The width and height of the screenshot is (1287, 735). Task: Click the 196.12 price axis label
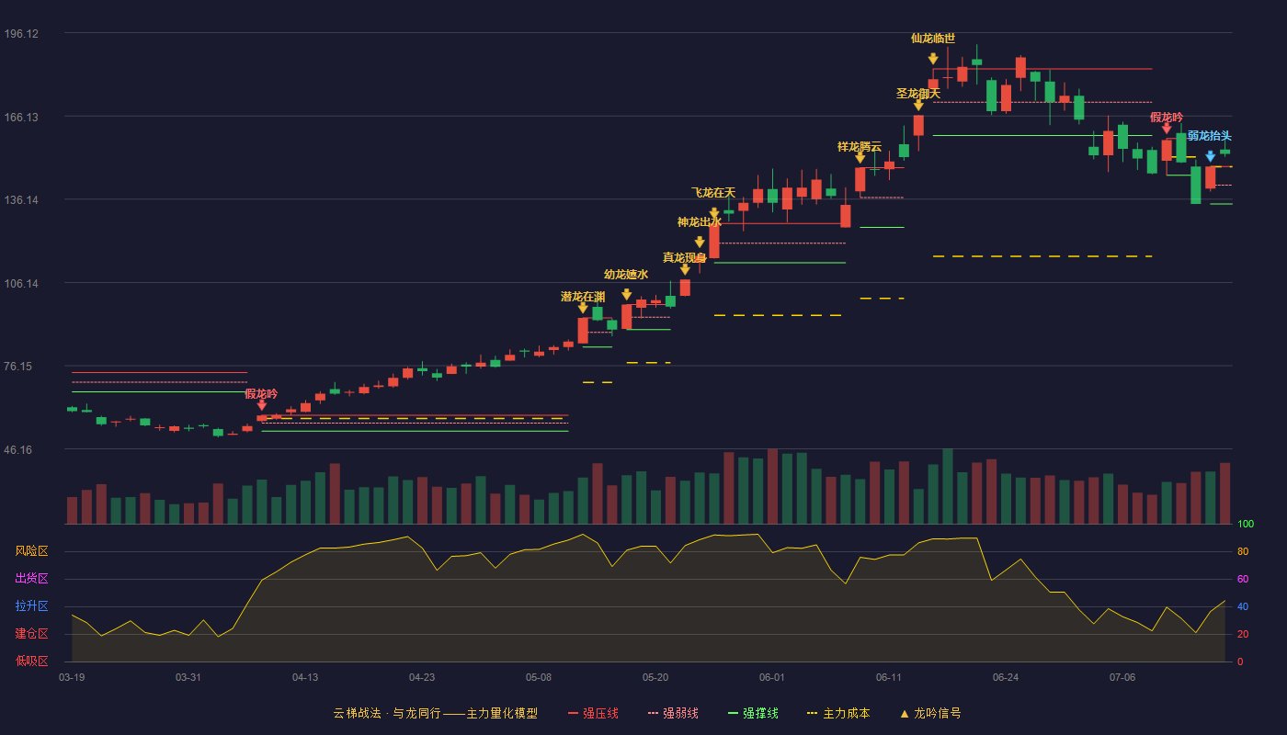pos(21,34)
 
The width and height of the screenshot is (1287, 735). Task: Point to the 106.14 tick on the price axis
pos(21,284)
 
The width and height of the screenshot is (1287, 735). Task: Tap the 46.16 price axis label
pos(18,449)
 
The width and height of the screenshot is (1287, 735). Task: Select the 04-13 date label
pos(305,678)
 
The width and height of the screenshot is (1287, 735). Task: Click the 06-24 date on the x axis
pos(1006,678)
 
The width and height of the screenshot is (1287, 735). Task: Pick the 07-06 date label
pos(1122,678)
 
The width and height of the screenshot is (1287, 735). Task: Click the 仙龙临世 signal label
pos(933,39)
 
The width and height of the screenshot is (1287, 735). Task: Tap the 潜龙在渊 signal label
pos(583,297)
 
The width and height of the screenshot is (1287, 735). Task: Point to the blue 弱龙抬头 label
pos(1210,136)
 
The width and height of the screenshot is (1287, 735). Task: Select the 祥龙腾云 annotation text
pos(860,147)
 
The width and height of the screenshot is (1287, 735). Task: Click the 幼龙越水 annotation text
pos(626,275)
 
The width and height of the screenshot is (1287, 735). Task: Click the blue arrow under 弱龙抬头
pos(1210,156)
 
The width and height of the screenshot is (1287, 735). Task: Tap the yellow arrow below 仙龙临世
pos(933,59)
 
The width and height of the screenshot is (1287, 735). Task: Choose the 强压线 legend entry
pos(593,713)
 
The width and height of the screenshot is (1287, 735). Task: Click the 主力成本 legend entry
pos(838,713)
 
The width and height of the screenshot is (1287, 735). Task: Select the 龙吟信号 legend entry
pos(930,713)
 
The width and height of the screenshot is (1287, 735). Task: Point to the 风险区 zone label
pos(31,551)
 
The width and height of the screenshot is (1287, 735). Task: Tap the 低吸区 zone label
pos(31,661)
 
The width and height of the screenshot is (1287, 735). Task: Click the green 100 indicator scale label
pos(1246,524)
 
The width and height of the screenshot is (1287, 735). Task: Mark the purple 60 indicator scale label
pos(1243,579)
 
